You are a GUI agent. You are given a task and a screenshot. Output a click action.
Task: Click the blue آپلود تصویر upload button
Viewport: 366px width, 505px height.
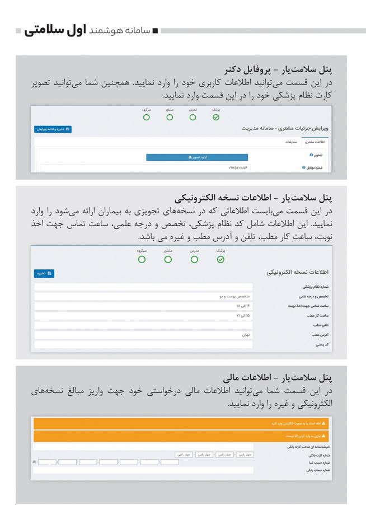(181, 157)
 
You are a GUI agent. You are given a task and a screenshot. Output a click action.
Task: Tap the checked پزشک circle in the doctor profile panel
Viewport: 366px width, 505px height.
(216, 118)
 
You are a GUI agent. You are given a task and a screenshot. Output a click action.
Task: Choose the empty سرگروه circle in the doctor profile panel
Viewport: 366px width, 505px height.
(147, 118)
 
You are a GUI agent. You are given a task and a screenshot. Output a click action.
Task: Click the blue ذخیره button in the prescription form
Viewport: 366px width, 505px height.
(44, 274)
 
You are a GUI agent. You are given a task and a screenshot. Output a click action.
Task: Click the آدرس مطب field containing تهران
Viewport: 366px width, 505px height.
(143, 335)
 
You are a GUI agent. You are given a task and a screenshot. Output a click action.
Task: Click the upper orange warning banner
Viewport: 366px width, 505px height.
(181, 424)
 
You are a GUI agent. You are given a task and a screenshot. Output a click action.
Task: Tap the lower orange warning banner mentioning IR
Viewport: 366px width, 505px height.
(181, 436)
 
